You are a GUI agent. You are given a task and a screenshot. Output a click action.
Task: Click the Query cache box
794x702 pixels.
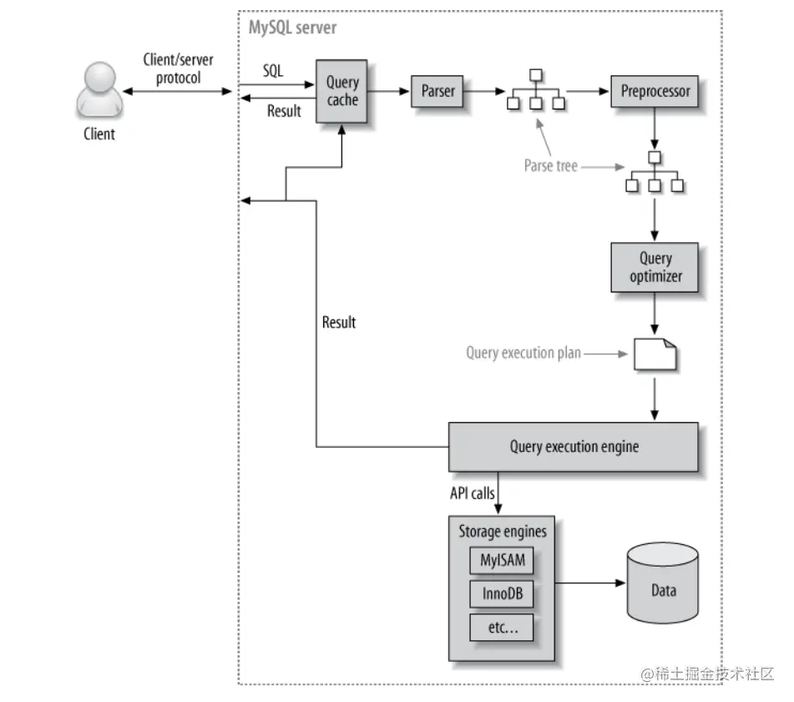pyautogui.click(x=341, y=91)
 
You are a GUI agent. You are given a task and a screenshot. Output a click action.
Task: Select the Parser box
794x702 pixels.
pyautogui.click(x=437, y=91)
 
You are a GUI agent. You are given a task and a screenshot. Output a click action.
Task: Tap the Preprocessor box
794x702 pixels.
pyautogui.click(x=655, y=91)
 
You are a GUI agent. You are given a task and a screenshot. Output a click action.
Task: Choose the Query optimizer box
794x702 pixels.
pyautogui.click(x=655, y=267)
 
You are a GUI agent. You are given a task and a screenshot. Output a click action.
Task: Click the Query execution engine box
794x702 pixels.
pyautogui.click(x=574, y=447)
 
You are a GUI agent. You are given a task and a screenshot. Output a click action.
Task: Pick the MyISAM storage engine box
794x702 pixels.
pyautogui.click(x=502, y=560)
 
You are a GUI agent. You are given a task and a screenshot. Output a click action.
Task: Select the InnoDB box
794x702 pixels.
pyautogui.click(x=502, y=593)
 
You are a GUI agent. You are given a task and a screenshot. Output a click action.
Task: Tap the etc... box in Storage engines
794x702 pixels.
pyautogui.click(x=502, y=628)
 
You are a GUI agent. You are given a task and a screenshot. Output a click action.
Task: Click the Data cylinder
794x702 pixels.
pyautogui.click(x=663, y=582)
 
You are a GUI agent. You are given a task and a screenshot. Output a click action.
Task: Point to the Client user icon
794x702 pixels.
pyautogui.click(x=99, y=90)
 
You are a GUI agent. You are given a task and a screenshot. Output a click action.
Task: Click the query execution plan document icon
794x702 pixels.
pyautogui.click(x=655, y=354)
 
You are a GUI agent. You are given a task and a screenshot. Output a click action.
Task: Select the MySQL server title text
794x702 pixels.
pyautogui.click(x=293, y=28)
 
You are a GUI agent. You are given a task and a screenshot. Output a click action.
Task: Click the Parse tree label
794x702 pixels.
pyautogui.click(x=550, y=165)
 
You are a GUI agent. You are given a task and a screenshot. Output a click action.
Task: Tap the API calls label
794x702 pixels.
pyautogui.click(x=472, y=493)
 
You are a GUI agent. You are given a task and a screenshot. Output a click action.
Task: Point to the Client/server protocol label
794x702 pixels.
pyautogui.click(x=178, y=69)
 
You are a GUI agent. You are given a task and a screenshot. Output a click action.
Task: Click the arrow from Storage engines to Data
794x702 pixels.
pyautogui.click(x=590, y=582)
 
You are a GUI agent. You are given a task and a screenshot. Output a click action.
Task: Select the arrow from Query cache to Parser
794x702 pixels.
pyautogui.click(x=388, y=91)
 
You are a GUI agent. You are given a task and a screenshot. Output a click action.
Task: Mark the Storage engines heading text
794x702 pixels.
pyautogui.click(x=503, y=532)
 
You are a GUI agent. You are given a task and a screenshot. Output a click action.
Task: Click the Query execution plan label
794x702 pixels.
pyautogui.click(x=523, y=353)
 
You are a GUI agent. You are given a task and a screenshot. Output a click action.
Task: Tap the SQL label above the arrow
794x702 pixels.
pyautogui.click(x=272, y=70)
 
